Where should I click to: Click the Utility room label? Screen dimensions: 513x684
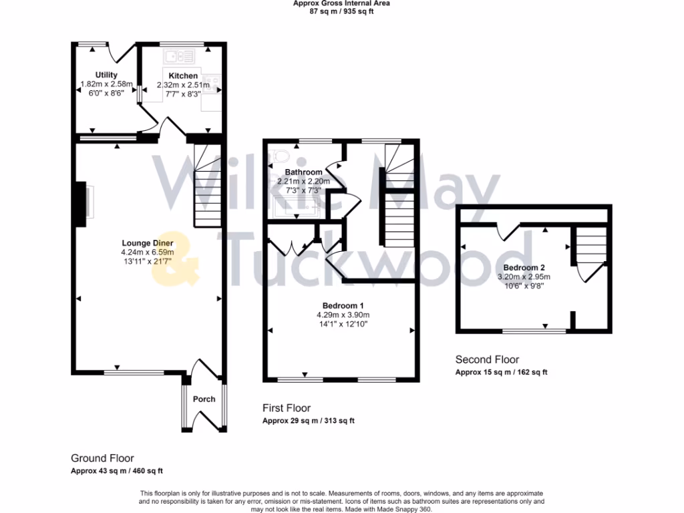(x=106, y=75)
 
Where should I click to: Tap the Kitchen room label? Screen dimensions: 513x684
(x=182, y=75)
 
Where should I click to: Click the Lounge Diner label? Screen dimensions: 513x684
(x=147, y=242)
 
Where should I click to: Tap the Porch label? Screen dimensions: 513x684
(x=204, y=399)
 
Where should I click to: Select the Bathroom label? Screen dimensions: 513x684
(x=304, y=172)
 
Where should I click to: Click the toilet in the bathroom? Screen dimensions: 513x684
(x=282, y=156)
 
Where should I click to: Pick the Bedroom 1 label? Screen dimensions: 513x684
(x=343, y=305)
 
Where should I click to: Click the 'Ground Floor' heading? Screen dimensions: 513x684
(x=102, y=458)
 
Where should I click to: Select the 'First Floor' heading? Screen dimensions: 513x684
(x=287, y=408)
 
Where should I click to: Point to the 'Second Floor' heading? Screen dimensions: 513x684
(x=487, y=359)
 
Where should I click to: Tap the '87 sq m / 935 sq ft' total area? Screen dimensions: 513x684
(x=341, y=11)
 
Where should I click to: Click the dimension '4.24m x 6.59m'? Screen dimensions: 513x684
(x=147, y=252)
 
